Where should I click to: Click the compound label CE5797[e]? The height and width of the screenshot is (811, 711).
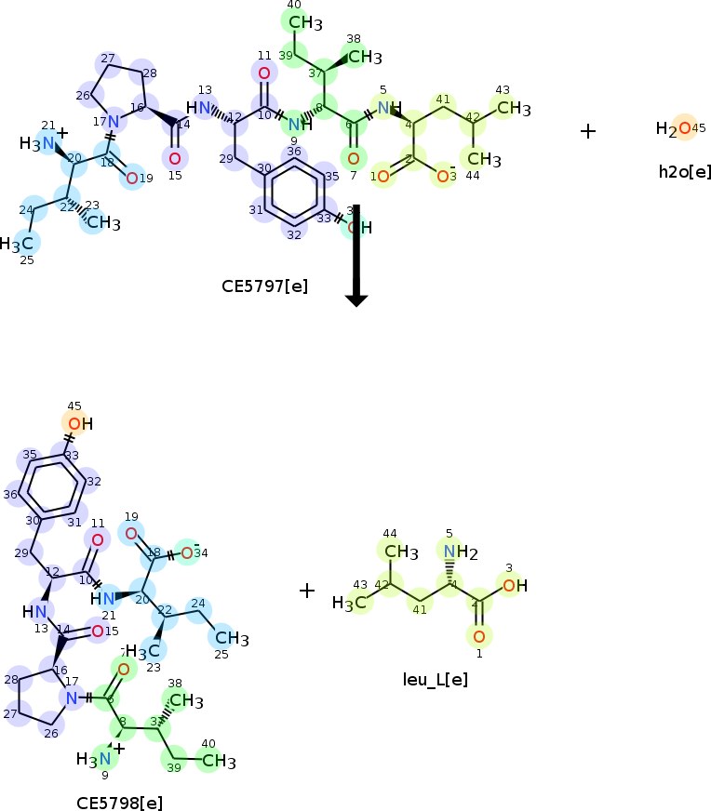264,286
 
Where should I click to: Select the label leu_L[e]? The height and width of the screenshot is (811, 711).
435,679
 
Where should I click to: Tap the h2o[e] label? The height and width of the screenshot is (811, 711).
684,171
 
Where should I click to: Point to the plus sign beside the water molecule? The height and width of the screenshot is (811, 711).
587,131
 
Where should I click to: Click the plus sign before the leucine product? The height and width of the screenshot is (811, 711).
307,591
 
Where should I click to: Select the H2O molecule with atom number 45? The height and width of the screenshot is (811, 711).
675,129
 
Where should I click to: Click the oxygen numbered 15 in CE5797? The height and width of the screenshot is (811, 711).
175,157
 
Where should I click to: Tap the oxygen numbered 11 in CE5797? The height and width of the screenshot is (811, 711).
264,73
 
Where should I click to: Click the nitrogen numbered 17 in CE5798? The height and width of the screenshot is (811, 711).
72,698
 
